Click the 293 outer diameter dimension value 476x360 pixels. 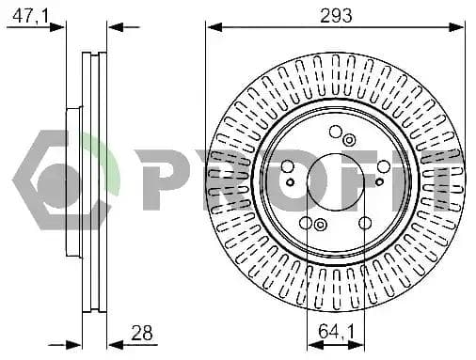(336, 16)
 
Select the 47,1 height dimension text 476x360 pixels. (31, 16)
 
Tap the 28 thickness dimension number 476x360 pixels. (142, 333)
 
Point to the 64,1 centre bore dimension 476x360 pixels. (336, 332)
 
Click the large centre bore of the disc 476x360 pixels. (336, 182)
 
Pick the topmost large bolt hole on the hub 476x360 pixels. (336, 132)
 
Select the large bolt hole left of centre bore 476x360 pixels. (287, 166)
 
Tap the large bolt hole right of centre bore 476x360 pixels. (384, 166)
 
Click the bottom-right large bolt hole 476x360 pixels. (365, 223)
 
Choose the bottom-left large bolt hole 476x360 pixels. (306, 223)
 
